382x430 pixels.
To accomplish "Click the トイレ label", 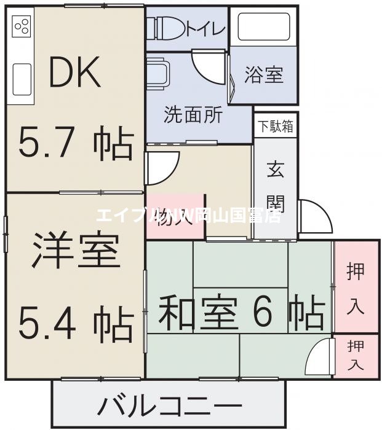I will pyautogui.click(x=205, y=28).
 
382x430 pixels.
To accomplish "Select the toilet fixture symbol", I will pyautogui.click(x=161, y=28).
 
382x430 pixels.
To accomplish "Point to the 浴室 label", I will pyautogui.click(x=263, y=75).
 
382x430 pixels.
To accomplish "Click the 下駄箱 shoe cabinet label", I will pyautogui.click(x=275, y=127).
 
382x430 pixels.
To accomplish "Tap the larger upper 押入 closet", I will pyautogui.click(x=355, y=287).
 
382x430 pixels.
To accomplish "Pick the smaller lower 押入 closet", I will pyautogui.click(x=355, y=356).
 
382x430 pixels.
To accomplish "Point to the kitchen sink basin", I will pyautogui.click(x=22, y=79).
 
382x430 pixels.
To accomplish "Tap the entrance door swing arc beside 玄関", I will pyautogui.click(x=311, y=215).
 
